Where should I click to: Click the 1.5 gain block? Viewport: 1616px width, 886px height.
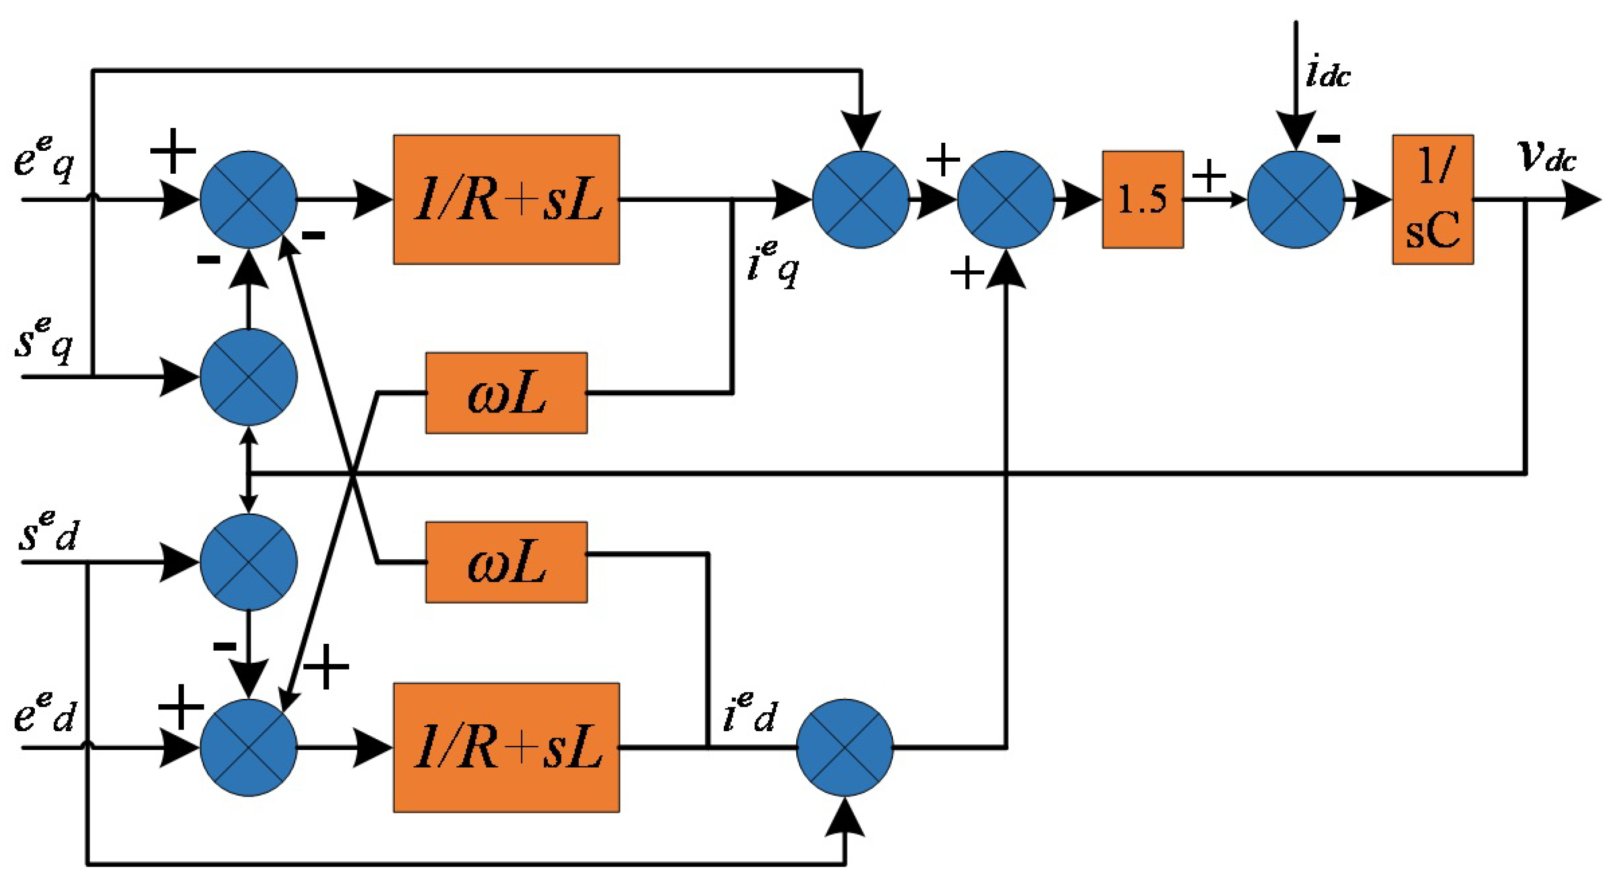tap(1142, 199)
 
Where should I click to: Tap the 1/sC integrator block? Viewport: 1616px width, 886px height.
tap(1433, 199)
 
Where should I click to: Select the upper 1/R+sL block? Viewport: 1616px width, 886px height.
tap(506, 199)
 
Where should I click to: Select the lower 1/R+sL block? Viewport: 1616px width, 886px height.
tap(506, 747)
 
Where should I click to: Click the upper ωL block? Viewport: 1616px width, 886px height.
tap(506, 393)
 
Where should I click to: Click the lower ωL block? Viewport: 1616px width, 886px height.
tap(506, 562)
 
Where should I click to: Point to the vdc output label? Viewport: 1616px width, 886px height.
tap(1547, 157)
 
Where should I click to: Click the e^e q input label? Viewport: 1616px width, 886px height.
tap(44, 160)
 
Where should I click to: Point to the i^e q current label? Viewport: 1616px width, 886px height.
tap(773, 263)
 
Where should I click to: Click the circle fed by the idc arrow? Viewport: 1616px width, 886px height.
tap(1296, 199)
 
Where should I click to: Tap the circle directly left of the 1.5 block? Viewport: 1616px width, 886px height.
tap(1005, 199)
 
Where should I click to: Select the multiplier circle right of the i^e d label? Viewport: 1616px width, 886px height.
tap(844, 747)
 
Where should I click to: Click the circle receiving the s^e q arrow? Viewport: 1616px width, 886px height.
tap(248, 377)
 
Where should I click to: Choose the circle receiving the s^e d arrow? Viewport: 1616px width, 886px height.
tap(248, 562)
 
